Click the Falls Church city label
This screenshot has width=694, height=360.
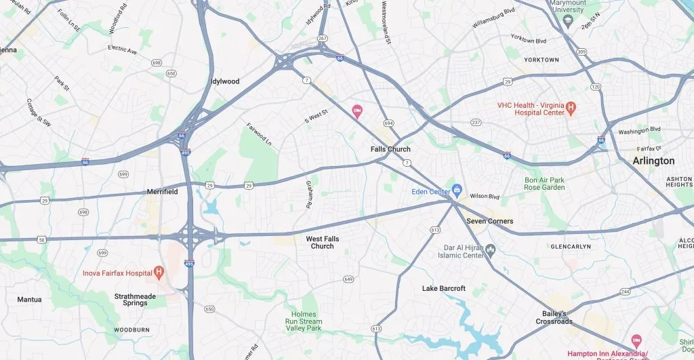click(390, 149)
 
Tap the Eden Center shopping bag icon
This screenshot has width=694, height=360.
click(457, 190)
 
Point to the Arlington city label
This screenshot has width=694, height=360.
click(653, 161)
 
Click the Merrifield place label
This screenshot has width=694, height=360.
click(163, 192)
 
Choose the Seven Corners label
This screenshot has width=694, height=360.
click(489, 221)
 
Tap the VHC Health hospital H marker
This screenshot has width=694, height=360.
click(571, 106)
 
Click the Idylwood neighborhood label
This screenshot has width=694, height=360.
click(225, 81)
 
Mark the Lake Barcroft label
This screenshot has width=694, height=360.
click(443, 288)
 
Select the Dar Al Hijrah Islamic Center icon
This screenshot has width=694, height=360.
click(491, 251)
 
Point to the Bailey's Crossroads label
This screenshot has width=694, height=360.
click(557, 317)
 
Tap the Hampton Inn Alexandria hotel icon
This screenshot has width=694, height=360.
click(636, 339)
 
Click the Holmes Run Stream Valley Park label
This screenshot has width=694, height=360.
click(305, 321)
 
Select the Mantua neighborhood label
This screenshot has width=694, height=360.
click(29, 299)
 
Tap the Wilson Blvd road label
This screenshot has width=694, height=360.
click(485, 197)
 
